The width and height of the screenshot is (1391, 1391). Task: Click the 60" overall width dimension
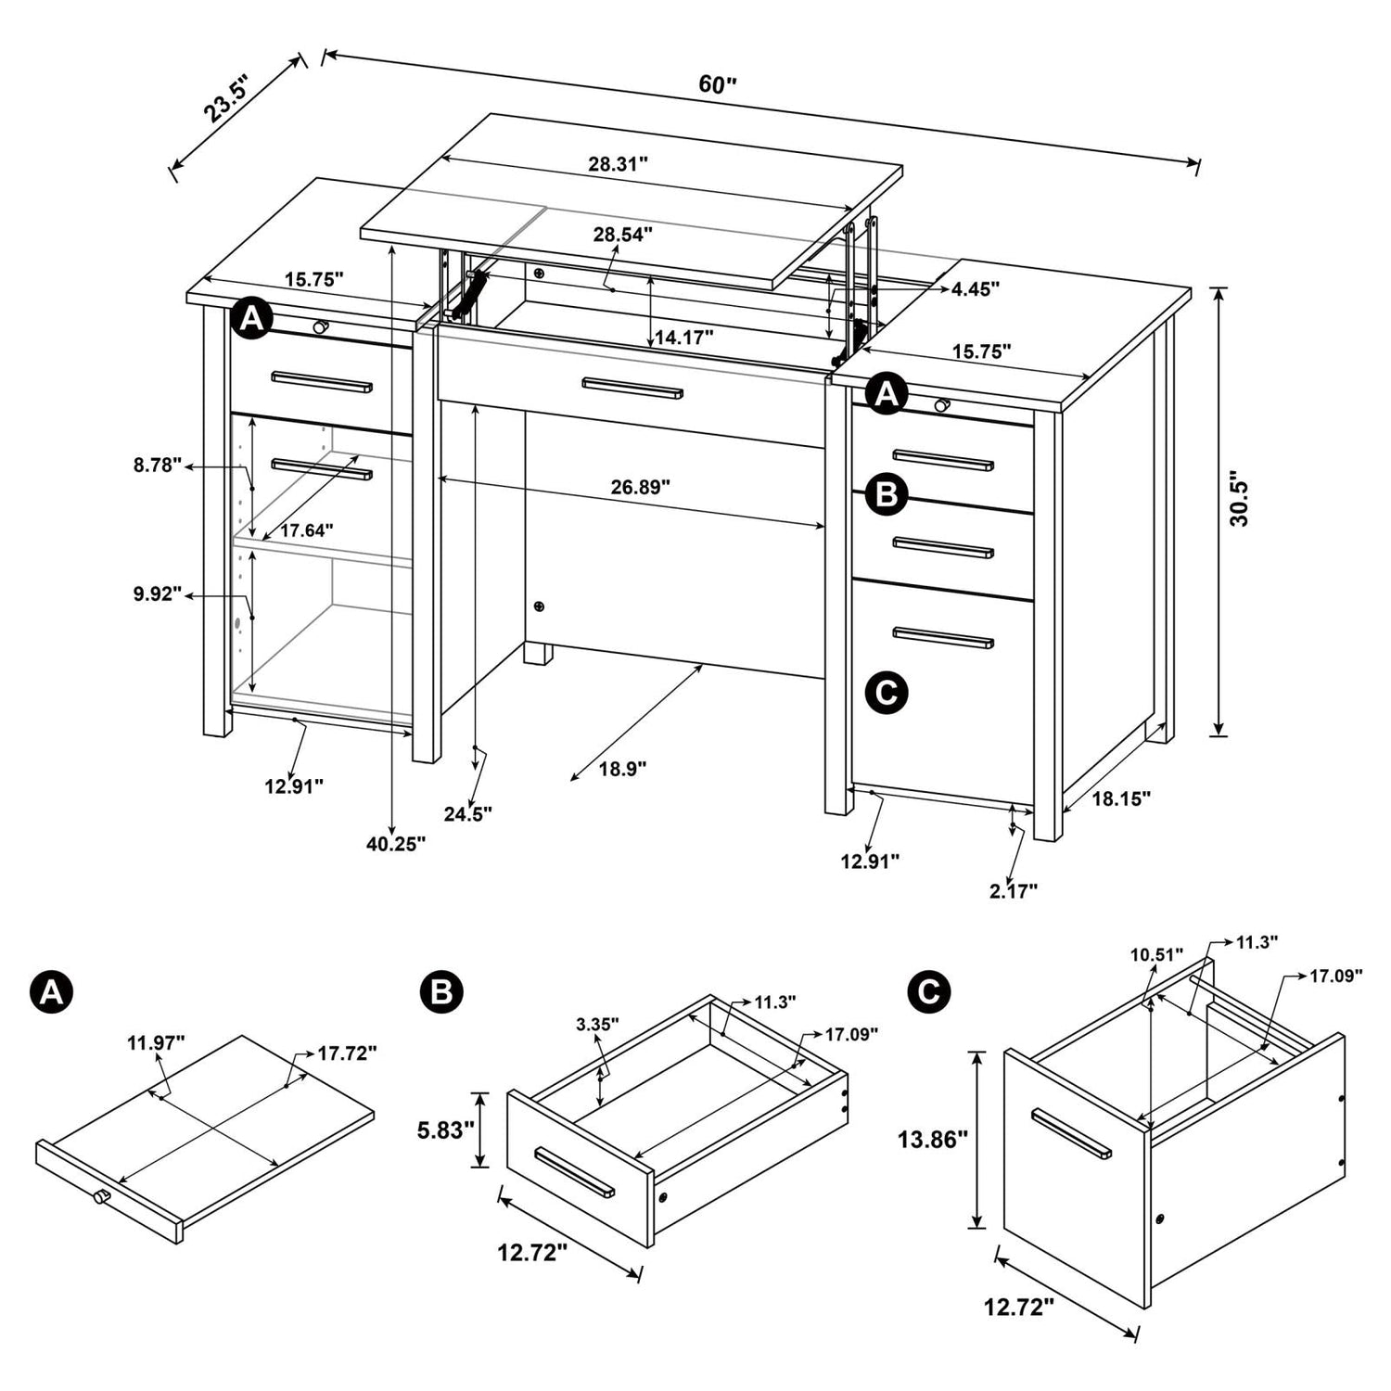[717, 84]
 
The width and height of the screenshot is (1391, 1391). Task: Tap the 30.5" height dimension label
[1239, 503]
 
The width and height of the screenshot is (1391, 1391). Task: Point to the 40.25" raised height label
[395, 843]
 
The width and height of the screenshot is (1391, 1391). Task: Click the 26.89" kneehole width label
[640, 486]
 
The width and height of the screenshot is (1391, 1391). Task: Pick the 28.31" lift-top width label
[618, 164]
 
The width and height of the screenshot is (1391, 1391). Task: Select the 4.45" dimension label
[975, 289]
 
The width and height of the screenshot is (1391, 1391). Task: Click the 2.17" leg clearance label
[1013, 891]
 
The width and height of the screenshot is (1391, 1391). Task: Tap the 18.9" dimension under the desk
[622, 769]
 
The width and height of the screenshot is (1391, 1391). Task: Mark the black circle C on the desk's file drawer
[887, 692]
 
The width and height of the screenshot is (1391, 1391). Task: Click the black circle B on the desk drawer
[887, 495]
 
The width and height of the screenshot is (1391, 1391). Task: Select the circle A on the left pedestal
[251, 320]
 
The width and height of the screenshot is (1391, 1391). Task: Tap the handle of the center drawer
[632, 388]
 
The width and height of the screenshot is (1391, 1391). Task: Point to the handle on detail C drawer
[1071, 1132]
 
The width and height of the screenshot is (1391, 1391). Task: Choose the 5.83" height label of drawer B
[446, 1130]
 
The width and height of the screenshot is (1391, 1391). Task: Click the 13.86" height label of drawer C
[932, 1139]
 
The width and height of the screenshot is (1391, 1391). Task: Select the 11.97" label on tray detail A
[156, 1042]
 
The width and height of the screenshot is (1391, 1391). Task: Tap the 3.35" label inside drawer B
[597, 1024]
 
